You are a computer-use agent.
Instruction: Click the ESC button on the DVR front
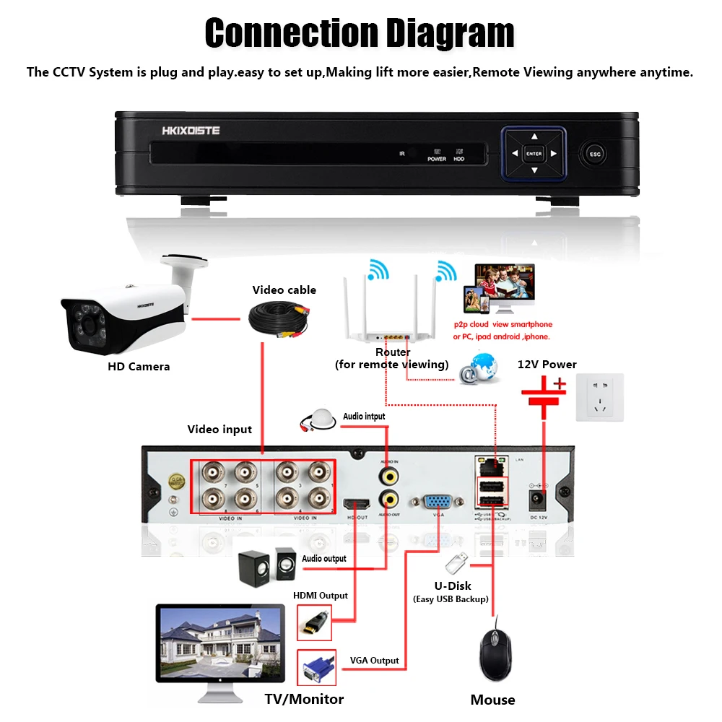click(595, 153)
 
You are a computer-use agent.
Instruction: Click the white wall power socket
click(599, 397)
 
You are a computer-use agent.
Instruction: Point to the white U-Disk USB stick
click(457, 561)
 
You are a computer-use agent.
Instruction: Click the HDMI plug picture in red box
click(316, 622)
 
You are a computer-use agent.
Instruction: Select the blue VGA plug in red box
click(316, 668)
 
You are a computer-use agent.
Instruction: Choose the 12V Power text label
click(547, 364)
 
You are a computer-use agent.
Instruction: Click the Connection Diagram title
click(360, 33)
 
